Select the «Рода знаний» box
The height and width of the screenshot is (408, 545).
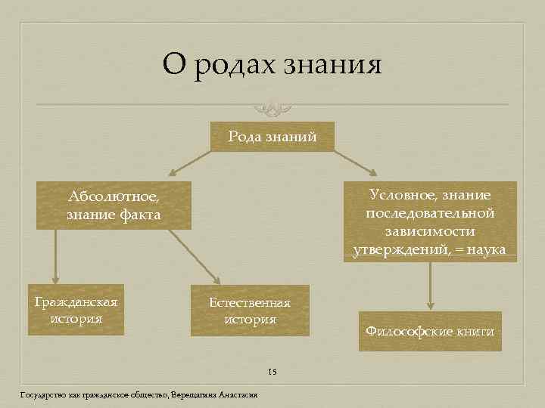point(272,137)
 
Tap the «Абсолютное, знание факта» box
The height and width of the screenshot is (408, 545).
point(114,206)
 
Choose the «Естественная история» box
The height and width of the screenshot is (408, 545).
point(250,311)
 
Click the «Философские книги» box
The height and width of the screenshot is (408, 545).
point(429,331)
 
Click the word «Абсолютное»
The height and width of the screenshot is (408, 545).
point(114,196)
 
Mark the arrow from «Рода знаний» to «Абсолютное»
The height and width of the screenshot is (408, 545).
point(189,163)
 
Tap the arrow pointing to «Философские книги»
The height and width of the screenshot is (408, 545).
point(430,286)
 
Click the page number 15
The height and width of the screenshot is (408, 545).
point(272,372)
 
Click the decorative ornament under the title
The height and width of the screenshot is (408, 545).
point(272,106)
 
